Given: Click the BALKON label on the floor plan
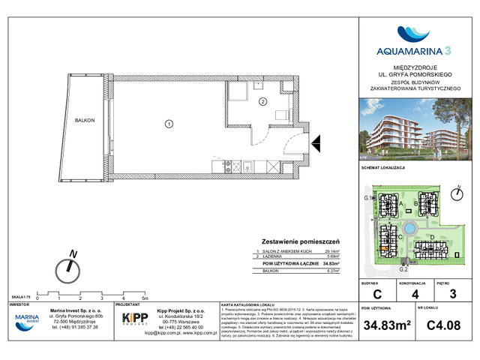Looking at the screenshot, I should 85,120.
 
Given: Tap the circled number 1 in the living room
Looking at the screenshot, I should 169,124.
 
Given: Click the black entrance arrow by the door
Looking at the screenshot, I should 316,139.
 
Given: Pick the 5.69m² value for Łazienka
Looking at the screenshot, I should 333,257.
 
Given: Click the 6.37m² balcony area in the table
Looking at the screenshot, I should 333,271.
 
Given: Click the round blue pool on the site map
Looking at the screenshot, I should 409,229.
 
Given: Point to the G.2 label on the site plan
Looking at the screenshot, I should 403,268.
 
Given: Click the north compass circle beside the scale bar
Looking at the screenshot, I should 70,265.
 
